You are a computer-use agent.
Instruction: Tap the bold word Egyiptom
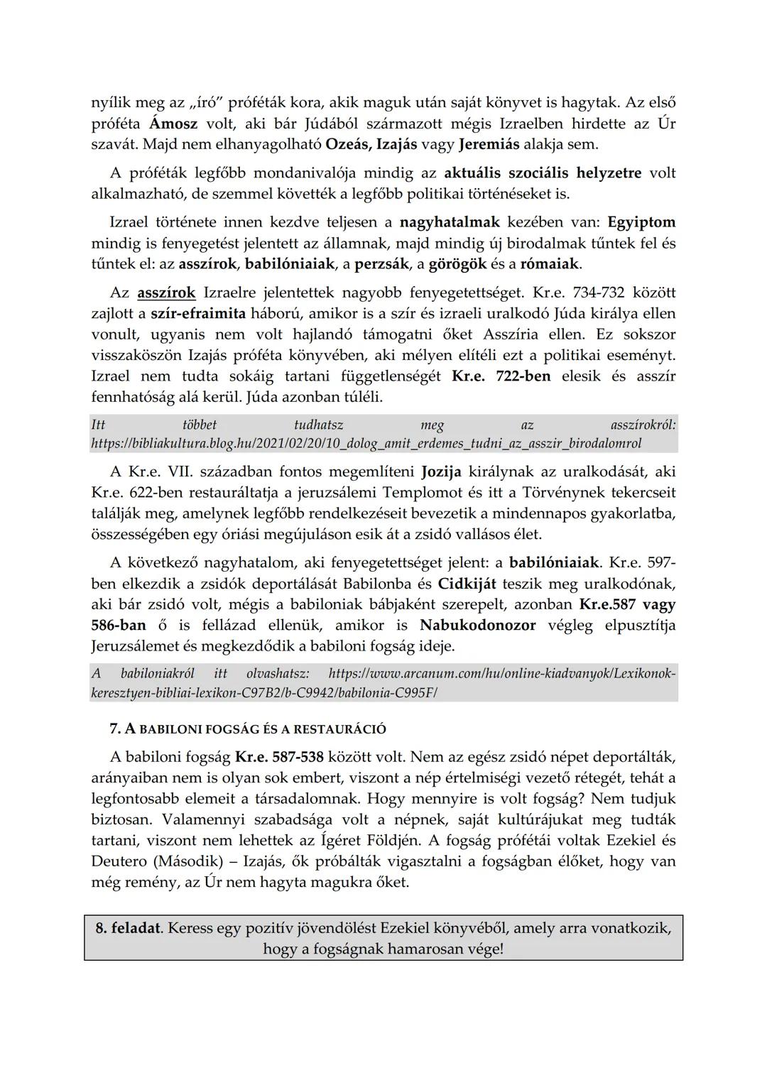[641, 222]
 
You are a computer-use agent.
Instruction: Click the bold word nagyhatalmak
[450, 222]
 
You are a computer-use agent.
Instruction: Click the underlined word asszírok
[166, 293]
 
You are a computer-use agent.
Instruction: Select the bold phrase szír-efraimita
[198, 313]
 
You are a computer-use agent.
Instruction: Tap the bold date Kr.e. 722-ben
[501, 376]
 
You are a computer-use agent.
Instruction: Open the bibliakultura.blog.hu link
[366, 444]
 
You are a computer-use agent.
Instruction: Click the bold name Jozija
[441, 471]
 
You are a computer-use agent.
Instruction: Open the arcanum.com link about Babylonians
[383, 682]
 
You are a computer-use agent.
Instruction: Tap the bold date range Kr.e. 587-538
[279, 756]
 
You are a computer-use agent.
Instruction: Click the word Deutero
[119, 861]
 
